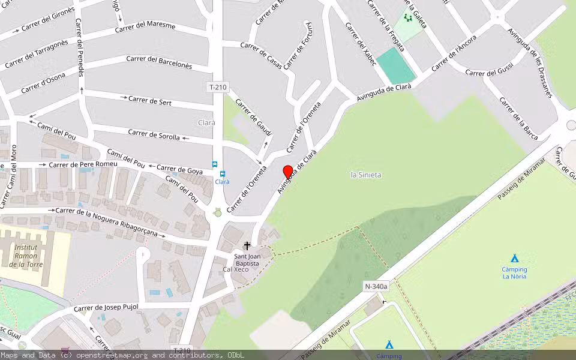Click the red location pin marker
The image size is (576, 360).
(288, 172)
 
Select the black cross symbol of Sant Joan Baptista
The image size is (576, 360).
(247, 246)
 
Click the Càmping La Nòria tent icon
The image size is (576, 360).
(514, 258)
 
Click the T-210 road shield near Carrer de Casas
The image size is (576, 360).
(218, 87)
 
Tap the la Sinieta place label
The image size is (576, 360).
(366, 175)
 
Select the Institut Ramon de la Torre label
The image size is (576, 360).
(26, 256)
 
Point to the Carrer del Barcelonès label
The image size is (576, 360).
(159, 62)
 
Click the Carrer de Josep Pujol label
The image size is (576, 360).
(106, 308)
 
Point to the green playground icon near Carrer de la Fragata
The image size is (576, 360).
(409, 18)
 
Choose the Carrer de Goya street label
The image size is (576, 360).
(179, 170)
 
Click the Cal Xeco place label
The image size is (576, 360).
(236, 269)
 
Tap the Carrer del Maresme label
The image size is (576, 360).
(145, 28)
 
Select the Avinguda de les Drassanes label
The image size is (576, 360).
(529, 62)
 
